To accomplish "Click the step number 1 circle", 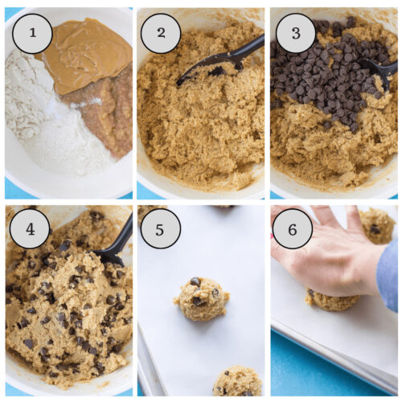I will click(x=32, y=34).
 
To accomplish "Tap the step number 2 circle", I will click(x=161, y=34).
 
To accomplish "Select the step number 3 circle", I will click(x=295, y=34).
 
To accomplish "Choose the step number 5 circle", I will click(x=161, y=229).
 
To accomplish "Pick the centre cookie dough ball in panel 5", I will click(x=201, y=298).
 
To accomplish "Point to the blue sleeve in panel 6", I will click(x=388, y=273).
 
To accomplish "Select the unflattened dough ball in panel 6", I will click(x=376, y=225).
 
